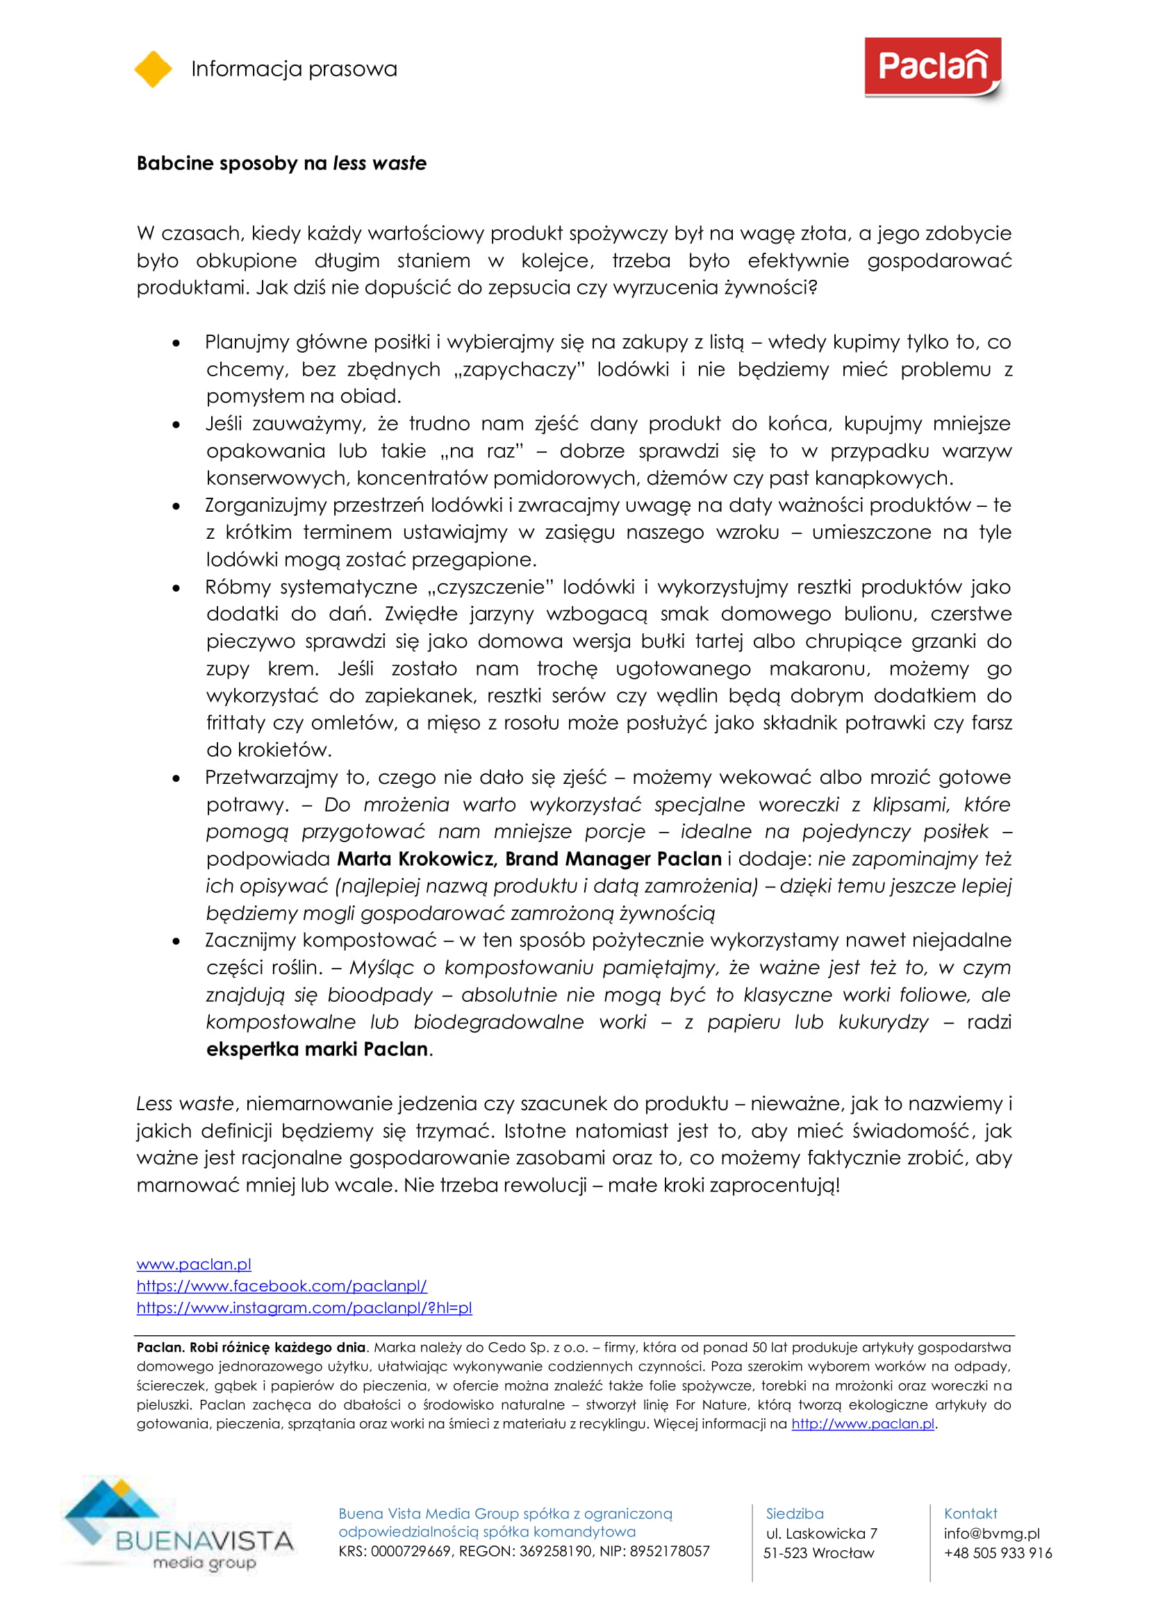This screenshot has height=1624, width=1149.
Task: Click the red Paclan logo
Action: [932, 68]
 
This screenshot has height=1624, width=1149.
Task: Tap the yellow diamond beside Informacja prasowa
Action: [153, 69]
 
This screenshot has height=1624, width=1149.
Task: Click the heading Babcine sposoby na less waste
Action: [281, 163]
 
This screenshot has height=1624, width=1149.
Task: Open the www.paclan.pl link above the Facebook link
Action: [194, 1264]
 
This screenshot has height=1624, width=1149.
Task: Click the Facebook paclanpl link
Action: [281, 1286]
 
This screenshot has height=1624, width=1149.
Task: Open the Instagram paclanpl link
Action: [304, 1308]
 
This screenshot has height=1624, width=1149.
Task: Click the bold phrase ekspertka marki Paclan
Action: [317, 1049]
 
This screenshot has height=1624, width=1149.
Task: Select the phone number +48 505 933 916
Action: [998, 1553]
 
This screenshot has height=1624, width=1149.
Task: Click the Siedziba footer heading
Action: [795, 1514]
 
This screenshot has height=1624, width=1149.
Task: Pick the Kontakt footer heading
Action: [970, 1514]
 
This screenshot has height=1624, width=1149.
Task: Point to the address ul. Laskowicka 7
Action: [820, 1534]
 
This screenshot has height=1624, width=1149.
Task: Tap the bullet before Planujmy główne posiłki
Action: [176, 343]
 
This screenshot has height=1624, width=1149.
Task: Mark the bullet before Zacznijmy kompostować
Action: [176, 941]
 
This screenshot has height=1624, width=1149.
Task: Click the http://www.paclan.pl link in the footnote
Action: [863, 1424]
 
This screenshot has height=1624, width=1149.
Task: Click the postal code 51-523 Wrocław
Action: [818, 1553]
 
